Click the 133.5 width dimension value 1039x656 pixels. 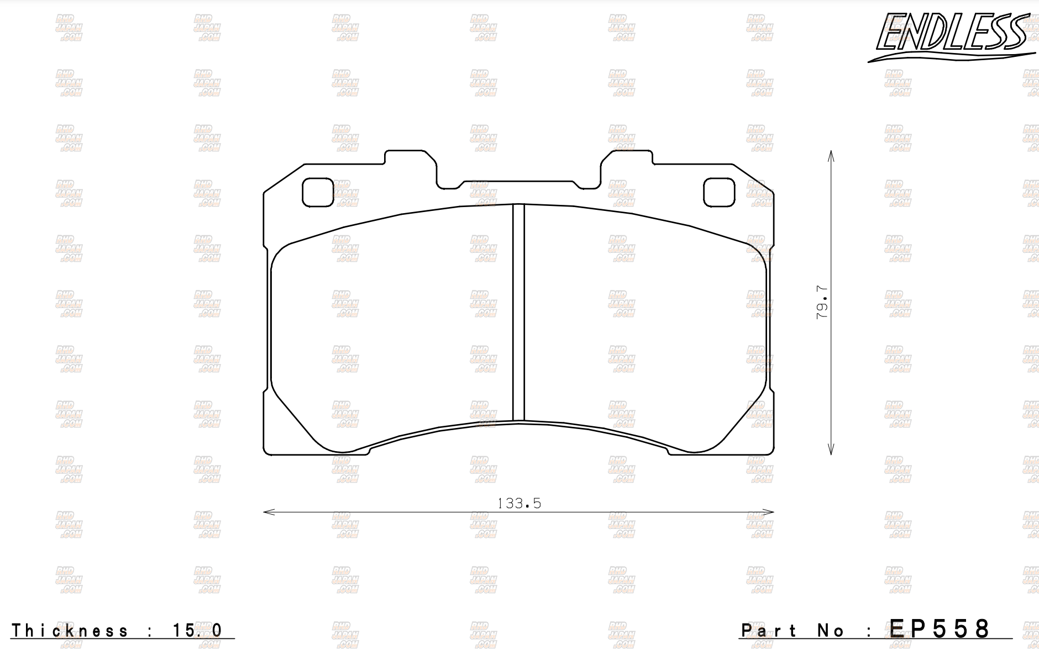pyautogui.click(x=518, y=503)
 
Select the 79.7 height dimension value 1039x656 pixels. pyautogui.click(x=822, y=301)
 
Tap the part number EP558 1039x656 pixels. pyautogui.click(x=940, y=629)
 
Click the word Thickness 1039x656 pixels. pyautogui.click(x=70, y=631)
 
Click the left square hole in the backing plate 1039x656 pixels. pyautogui.click(x=318, y=192)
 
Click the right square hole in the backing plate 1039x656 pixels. pyautogui.click(x=719, y=192)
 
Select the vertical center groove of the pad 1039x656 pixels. pyautogui.click(x=518, y=313)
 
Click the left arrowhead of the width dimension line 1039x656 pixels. pyautogui.click(x=266, y=512)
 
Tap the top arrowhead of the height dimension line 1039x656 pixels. pyautogui.click(x=831, y=153)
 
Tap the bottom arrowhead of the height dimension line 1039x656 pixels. pyautogui.click(x=831, y=451)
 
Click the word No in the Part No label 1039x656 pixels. pyautogui.click(x=831, y=631)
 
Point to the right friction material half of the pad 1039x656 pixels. pyautogui.click(x=644, y=326)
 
